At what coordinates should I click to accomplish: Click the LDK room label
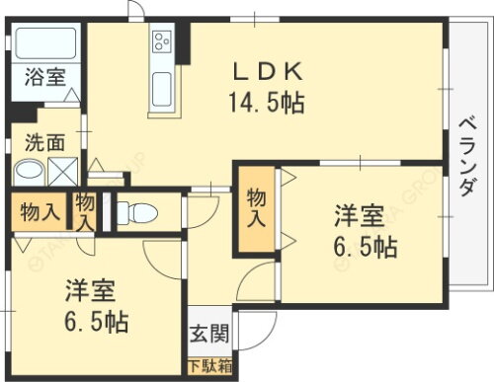(x=266, y=72)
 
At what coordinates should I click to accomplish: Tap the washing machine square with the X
(x=62, y=171)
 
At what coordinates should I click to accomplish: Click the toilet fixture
(x=142, y=212)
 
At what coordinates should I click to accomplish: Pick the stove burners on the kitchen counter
(x=162, y=43)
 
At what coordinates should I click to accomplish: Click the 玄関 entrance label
(x=208, y=334)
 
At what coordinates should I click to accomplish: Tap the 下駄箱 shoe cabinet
(x=208, y=367)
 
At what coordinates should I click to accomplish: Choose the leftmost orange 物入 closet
(x=38, y=210)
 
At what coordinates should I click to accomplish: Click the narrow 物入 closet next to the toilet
(x=86, y=211)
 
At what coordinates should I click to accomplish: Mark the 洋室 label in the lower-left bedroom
(x=91, y=292)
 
